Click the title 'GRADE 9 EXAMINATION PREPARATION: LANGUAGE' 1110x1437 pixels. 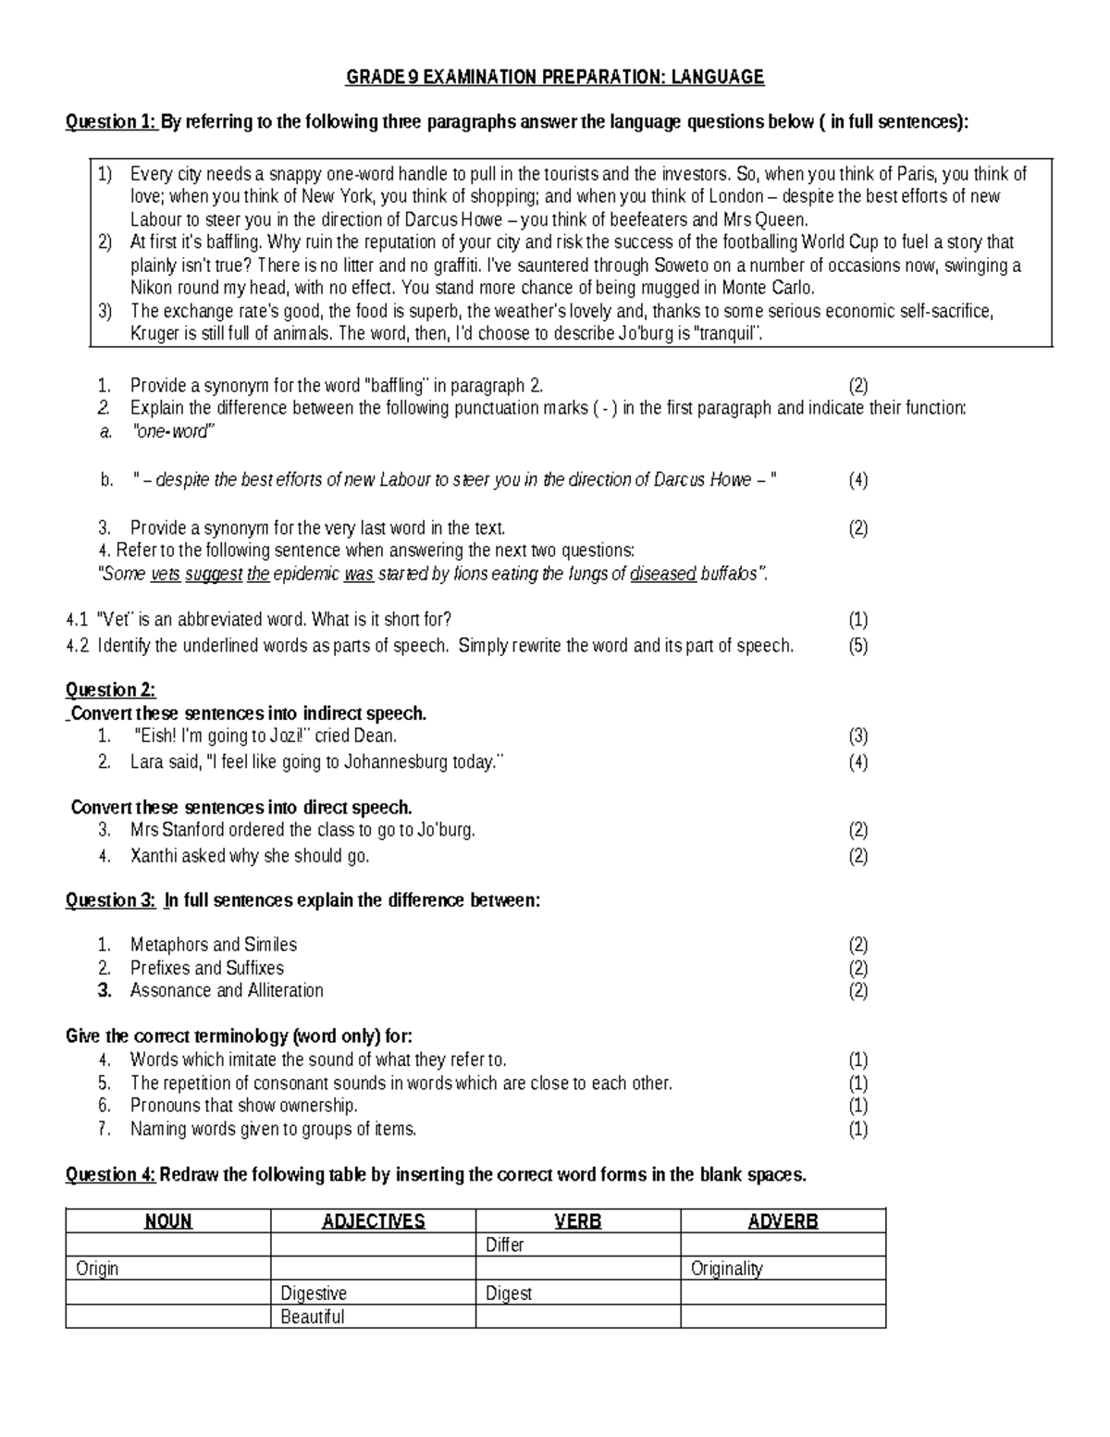pos(555,77)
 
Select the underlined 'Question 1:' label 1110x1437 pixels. pos(111,122)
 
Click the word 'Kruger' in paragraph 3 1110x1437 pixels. pos(154,334)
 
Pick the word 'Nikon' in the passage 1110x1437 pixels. pos(152,288)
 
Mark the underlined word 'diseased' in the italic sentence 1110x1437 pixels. pos(662,575)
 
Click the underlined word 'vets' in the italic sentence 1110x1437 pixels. pos(165,575)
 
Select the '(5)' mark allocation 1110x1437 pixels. pos(857,646)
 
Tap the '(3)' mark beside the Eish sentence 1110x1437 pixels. pos(857,737)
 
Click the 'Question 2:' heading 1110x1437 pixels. pos(111,689)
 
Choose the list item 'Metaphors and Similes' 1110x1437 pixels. pos(214,945)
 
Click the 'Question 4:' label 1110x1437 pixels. pos(111,1175)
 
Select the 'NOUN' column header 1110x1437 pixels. pos(168,1221)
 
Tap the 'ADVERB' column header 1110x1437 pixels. pos(783,1221)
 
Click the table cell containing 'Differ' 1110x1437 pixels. pos(505,1245)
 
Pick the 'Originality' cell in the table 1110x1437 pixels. pos(727,1269)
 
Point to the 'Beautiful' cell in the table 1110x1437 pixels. pos(313,1317)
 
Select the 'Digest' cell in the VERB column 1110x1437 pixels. pos(509,1294)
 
